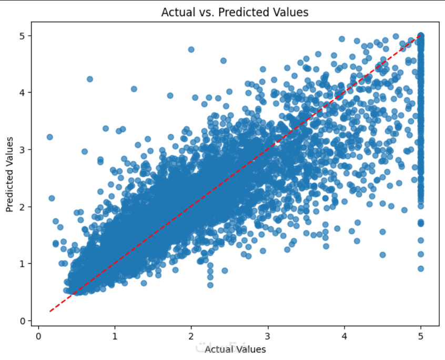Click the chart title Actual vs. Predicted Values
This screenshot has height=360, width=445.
tap(235, 12)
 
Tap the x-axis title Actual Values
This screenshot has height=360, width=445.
tap(235, 349)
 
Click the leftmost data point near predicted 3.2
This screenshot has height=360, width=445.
tap(50, 137)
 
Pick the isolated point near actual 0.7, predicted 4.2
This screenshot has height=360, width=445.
tap(90, 79)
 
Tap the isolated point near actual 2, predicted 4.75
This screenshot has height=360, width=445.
tap(191, 49)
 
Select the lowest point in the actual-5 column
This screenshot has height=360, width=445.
tap(421, 268)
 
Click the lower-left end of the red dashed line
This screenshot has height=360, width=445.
tap(50, 311)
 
